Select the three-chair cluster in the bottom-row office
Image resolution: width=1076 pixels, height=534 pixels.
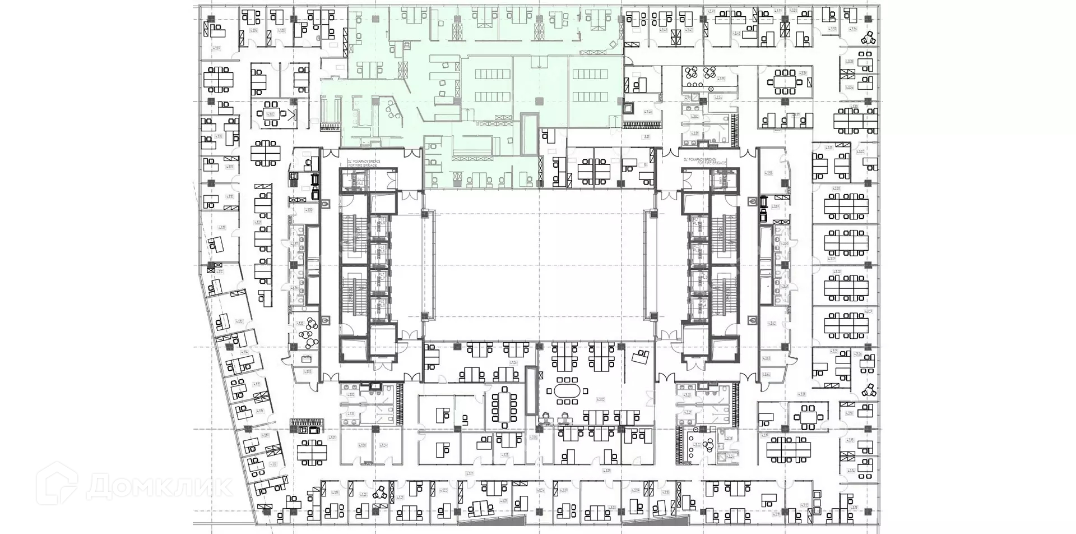pos(382,493)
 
